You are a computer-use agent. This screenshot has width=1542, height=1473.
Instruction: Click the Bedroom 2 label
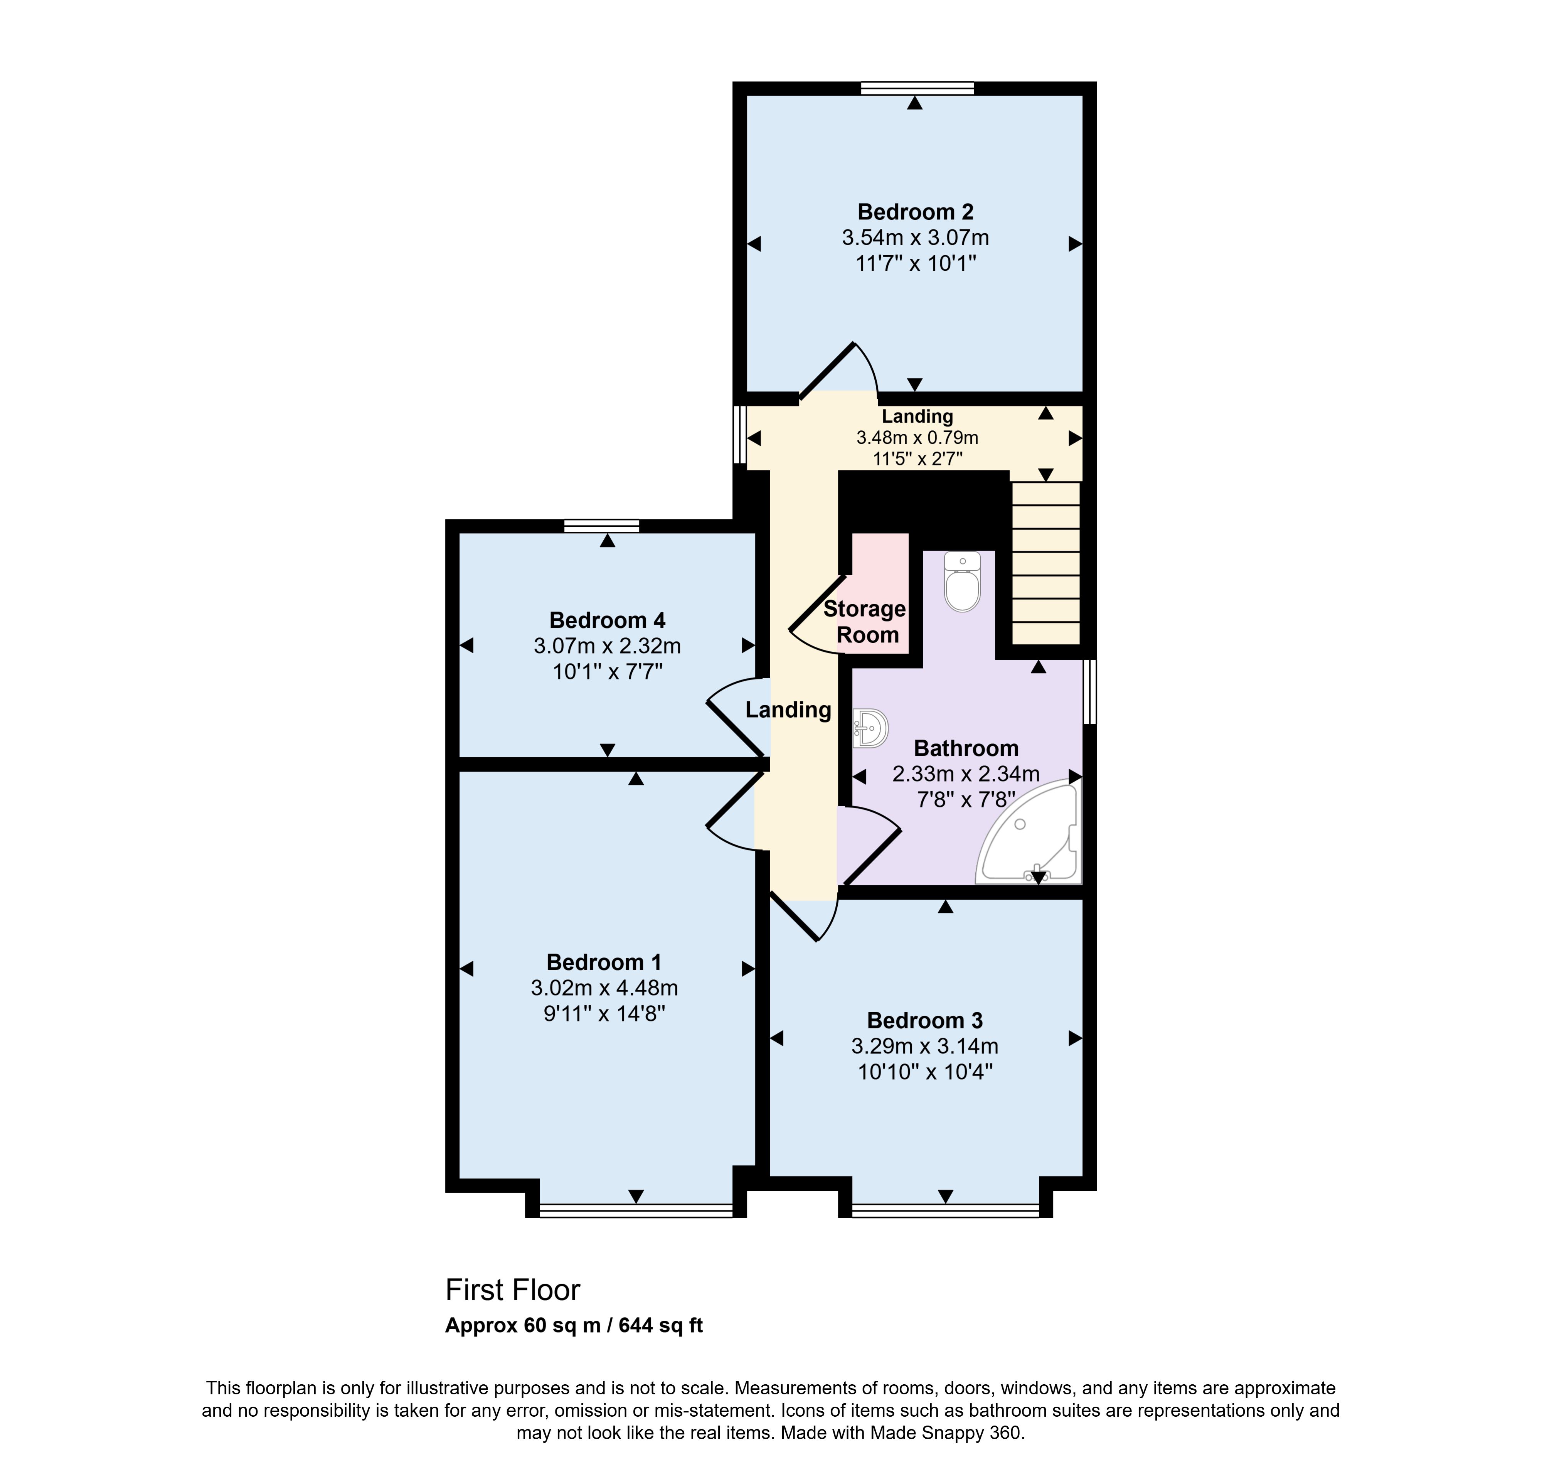pyautogui.click(x=916, y=212)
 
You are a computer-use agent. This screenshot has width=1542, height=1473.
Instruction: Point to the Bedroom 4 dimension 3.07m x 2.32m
pyautogui.click(x=607, y=646)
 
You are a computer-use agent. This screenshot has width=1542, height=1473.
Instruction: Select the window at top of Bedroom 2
pyautogui.click(x=917, y=88)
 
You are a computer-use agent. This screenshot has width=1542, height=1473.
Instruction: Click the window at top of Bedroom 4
pyautogui.click(x=601, y=526)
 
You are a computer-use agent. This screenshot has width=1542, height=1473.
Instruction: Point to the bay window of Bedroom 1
pyautogui.click(x=636, y=1212)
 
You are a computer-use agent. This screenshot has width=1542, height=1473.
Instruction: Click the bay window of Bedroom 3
pyautogui.click(x=945, y=1212)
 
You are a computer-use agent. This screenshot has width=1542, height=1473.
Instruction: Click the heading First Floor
pyautogui.click(x=513, y=1290)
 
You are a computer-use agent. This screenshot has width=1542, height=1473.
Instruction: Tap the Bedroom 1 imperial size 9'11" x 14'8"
pyautogui.click(x=604, y=1014)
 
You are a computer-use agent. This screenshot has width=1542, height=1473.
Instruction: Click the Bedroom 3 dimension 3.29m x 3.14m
pyautogui.click(x=925, y=1047)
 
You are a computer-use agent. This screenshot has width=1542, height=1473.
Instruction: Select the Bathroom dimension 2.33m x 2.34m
pyautogui.click(x=966, y=774)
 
